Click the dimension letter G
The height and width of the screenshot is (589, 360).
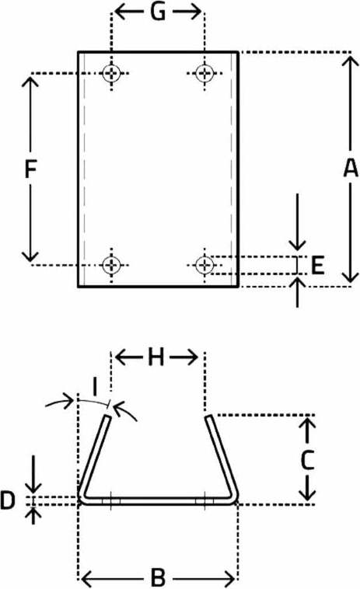(158, 12)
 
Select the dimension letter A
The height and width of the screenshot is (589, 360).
(351, 168)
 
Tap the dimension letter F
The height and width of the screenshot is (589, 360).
(30, 169)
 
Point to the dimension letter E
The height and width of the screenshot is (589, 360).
(318, 266)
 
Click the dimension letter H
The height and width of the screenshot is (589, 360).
(156, 357)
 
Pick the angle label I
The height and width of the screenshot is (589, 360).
(95, 388)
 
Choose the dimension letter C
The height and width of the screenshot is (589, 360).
(307, 460)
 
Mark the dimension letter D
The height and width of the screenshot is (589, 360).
(8, 500)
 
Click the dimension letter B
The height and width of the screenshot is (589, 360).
(158, 577)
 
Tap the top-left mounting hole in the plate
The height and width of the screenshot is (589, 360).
(112, 73)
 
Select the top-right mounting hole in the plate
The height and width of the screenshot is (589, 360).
(204, 73)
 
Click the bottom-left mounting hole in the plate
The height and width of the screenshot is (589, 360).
(112, 265)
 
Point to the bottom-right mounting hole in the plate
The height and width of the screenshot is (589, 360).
(204, 265)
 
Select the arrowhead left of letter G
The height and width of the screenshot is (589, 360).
(121, 12)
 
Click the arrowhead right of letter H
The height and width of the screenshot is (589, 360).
(192, 357)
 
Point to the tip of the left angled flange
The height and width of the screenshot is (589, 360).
(108, 416)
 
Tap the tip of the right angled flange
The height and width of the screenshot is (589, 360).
(208, 416)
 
